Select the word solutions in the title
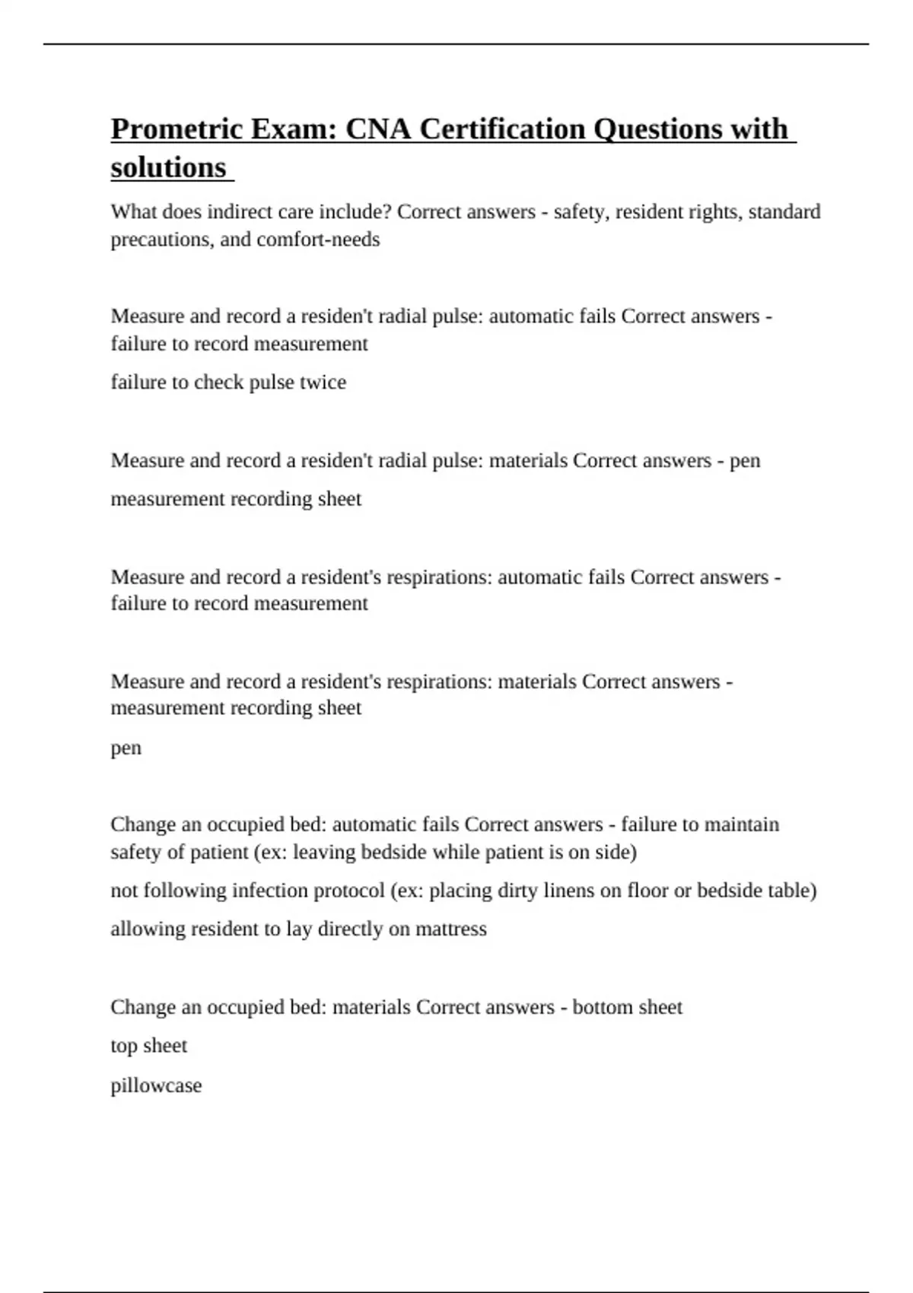[x=168, y=168]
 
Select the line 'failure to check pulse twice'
[x=228, y=382]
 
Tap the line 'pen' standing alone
[x=126, y=748]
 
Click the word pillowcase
[x=156, y=1085]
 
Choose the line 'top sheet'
[x=148, y=1046]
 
